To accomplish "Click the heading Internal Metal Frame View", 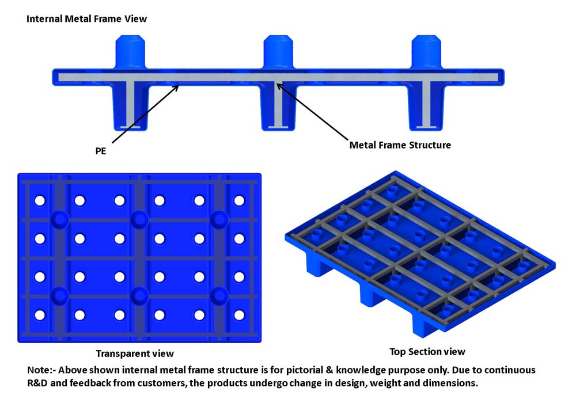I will [86, 19].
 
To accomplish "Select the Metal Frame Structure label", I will [400, 145].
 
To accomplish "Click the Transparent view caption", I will [134, 353].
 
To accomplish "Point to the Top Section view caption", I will [427, 351].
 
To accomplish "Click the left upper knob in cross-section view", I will [132, 52].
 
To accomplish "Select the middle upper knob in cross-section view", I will [279, 52].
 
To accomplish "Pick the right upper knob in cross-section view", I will [427, 52].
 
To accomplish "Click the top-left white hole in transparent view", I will [40, 200].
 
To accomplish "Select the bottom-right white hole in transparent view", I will [239, 315].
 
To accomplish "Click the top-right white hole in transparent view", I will [239, 200].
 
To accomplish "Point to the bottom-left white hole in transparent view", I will [40, 315].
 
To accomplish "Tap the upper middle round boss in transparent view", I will [138, 219].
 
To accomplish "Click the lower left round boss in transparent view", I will [59, 296].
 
